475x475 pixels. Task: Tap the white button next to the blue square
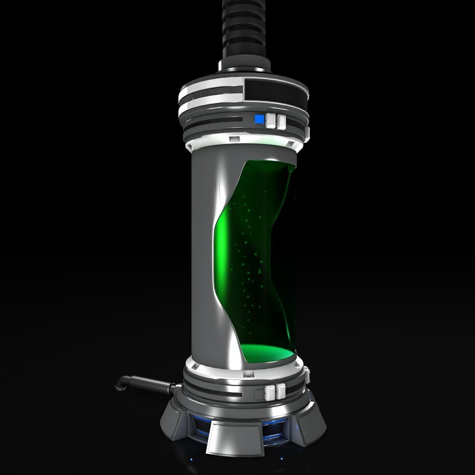[x=271, y=121]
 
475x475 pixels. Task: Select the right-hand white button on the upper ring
[x=281, y=122]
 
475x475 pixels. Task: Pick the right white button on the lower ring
[x=281, y=391]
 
